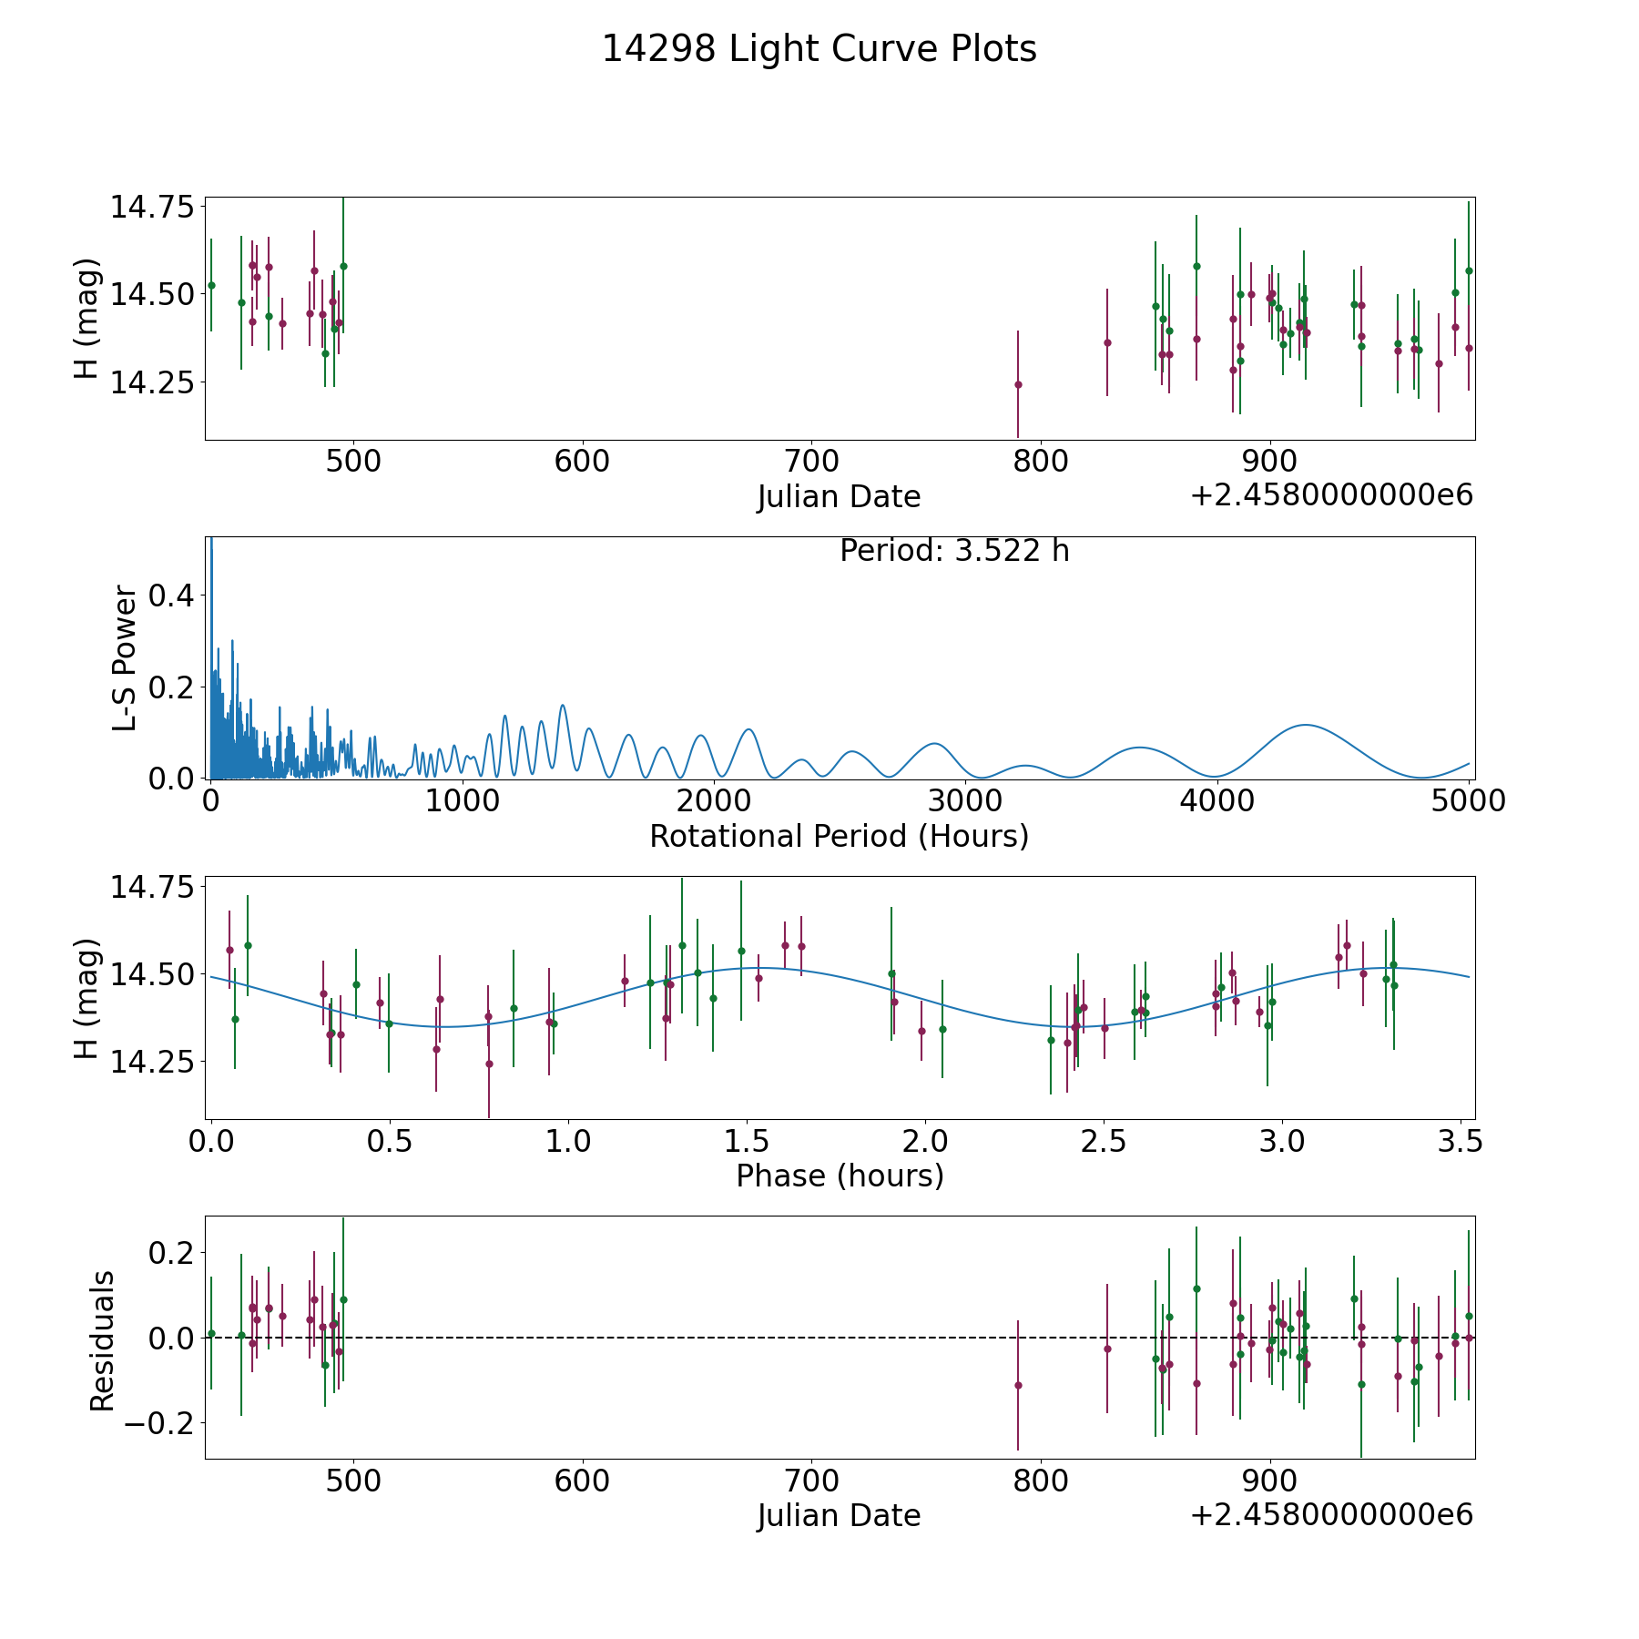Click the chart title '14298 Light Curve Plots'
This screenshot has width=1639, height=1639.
tap(819, 49)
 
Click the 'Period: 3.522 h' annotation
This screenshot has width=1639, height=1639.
tap(954, 551)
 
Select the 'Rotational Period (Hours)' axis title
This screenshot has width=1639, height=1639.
tap(839, 836)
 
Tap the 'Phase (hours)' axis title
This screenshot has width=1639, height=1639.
tap(839, 1176)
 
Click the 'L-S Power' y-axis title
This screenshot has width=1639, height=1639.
tap(125, 658)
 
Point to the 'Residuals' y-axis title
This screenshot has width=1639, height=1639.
tap(102, 1340)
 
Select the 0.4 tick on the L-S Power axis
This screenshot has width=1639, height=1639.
tap(172, 596)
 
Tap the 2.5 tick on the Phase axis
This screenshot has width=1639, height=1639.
tap(1104, 1141)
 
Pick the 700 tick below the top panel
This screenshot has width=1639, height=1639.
tap(811, 462)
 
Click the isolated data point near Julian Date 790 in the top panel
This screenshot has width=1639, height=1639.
tap(1018, 384)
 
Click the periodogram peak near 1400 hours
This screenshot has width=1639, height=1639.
tap(563, 705)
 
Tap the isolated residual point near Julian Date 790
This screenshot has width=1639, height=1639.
tap(1018, 1385)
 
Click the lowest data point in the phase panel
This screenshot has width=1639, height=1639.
tap(489, 1064)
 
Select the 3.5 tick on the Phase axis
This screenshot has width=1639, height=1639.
tap(1461, 1141)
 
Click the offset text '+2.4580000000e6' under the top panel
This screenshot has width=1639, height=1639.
tap(1331, 496)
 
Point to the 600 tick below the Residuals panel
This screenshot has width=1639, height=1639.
tap(582, 1481)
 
